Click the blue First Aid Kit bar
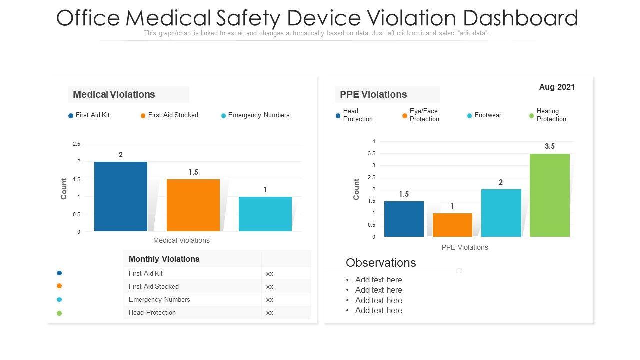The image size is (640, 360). [x=121, y=196]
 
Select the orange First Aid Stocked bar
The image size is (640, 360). [x=193, y=205]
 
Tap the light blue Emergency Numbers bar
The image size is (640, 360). [x=265, y=214]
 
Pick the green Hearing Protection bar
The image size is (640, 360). [x=550, y=195]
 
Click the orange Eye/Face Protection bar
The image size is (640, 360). [x=452, y=225]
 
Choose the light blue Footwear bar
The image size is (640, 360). [x=501, y=213]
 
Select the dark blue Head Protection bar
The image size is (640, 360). [x=404, y=219]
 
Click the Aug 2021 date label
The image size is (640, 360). [x=557, y=87]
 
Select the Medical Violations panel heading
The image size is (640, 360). [x=114, y=94]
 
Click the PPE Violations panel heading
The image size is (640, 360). [x=373, y=94]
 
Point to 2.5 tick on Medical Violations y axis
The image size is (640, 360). [x=76, y=144]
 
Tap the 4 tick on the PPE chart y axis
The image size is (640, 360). [x=373, y=142]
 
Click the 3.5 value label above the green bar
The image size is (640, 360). [x=550, y=146]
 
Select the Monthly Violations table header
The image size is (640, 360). [x=164, y=259]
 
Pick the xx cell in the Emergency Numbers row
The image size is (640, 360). [x=270, y=300]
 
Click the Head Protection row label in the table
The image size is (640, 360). [x=152, y=313]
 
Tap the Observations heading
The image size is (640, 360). [x=381, y=263]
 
